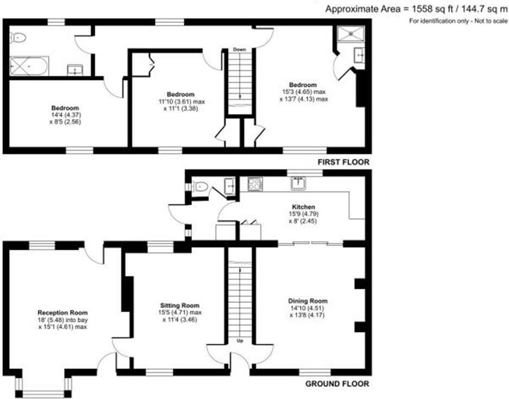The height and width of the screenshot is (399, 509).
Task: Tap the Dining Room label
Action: click(x=308, y=301)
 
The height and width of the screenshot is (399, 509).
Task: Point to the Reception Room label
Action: click(x=62, y=313)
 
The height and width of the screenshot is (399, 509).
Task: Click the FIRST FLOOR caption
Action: click(x=342, y=162)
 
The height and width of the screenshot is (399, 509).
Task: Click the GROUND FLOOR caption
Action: click(x=338, y=384)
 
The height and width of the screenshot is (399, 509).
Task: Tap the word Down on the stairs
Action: click(x=239, y=49)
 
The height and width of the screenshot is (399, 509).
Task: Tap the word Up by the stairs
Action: click(x=239, y=340)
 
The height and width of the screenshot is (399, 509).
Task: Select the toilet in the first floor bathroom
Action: click(x=19, y=37)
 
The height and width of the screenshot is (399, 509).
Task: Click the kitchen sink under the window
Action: click(x=298, y=183)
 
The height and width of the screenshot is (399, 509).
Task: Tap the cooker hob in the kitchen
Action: click(x=255, y=184)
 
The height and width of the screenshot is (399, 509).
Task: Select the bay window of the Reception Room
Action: click(x=43, y=387)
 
